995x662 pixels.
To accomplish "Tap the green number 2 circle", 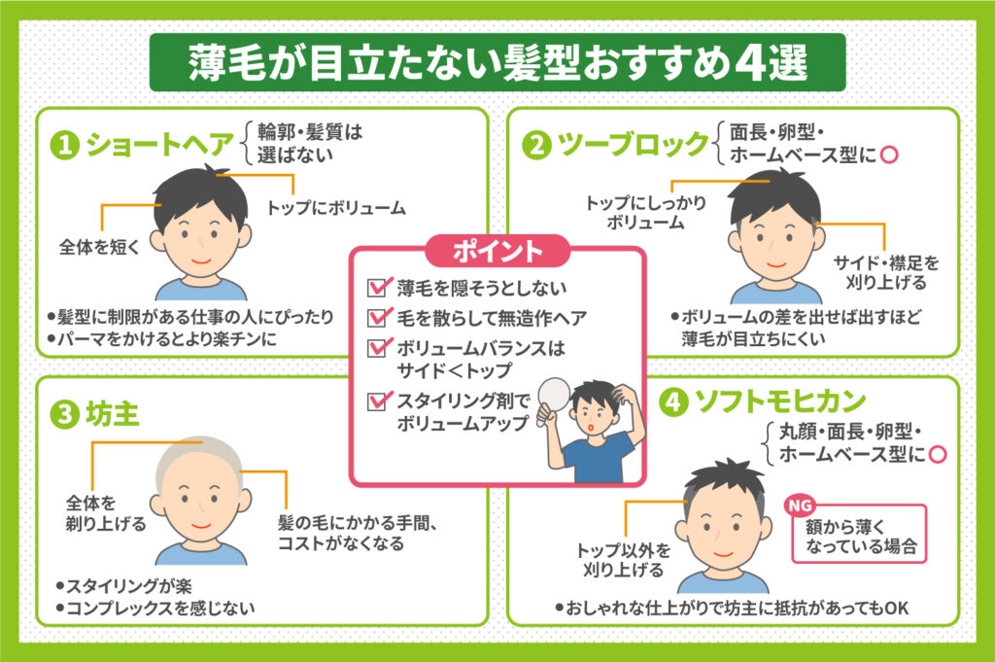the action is (x=535, y=145).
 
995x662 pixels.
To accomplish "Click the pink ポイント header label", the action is (x=497, y=251).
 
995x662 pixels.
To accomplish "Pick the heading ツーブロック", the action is (x=632, y=145).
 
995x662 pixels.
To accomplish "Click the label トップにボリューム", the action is (x=336, y=206).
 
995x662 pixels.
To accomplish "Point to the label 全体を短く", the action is (x=100, y=246).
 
